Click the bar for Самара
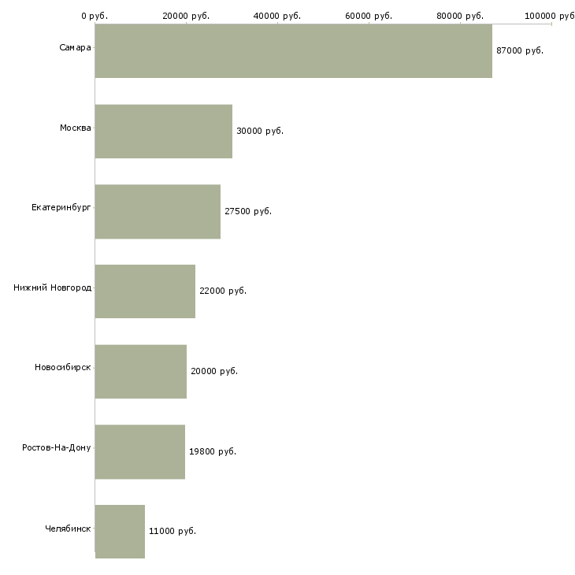pyautogui.click(x=293, y=51)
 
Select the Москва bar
pyautogui.click(x=163, y=132)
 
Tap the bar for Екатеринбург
pyautogui.click(x=158, y=212)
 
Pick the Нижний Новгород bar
pyautogui.click(x=145, y=291)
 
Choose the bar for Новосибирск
pyautogui.click(x=140, y=372)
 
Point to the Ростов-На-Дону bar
pyautogui.click(x=139, y=452)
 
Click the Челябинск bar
pyautogui.click(x=120, y=532)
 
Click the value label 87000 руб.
pyautogui.click(x=520, y=50)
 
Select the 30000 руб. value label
pyautogui.click(x=260, y=131)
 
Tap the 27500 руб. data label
pyautogui.click(x=248, y=211)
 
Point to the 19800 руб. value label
pyautogui.click(x=213, y=451)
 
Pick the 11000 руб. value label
pyautogui.click(x=172, y=531)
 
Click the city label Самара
pyautogui.click(x=75, y=48)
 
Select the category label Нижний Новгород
pyautogui.click(x=52, y=287)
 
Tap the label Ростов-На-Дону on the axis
pyautogui.click(x=57, y=448)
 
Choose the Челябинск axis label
pyautogui.click(x=68, y=529)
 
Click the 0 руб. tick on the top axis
pyautogui.click(x=95, y=16)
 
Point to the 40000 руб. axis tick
pyautogui.click(x=277, y=16)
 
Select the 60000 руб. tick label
pyautogui.click(x=369, y=16)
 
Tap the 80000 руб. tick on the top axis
pyautogui.click(x=460, y=16)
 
